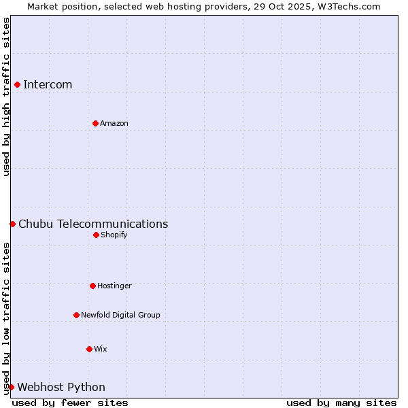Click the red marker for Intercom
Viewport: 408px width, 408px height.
pos(17,84)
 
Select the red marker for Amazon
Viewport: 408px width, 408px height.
pos(95,123)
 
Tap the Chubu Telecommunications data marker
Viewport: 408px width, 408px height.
pos(12,224)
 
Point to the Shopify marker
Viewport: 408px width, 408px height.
pos(96,235)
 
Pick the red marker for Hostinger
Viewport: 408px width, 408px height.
pos(92,286)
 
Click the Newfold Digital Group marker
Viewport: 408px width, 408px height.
pos(76,315)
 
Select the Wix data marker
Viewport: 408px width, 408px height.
pos(89,349)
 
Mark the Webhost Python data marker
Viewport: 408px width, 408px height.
pos(11,387)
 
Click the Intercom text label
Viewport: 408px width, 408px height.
pos(48,84)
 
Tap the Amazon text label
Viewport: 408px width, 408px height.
pos(114,123)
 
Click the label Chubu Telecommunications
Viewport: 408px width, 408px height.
pos(93,224)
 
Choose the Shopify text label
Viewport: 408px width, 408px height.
pos(114,235)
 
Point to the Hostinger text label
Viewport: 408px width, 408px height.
pos(114,286)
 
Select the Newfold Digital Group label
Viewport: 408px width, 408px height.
pos(120,315)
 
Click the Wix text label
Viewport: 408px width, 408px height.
pos(101,349)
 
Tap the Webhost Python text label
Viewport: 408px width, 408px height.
pos(61,387)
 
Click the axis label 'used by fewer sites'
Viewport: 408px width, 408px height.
pos(70,403)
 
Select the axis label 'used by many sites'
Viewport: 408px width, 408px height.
pos(341,403)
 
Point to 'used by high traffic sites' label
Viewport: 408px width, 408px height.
pos(6,97)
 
